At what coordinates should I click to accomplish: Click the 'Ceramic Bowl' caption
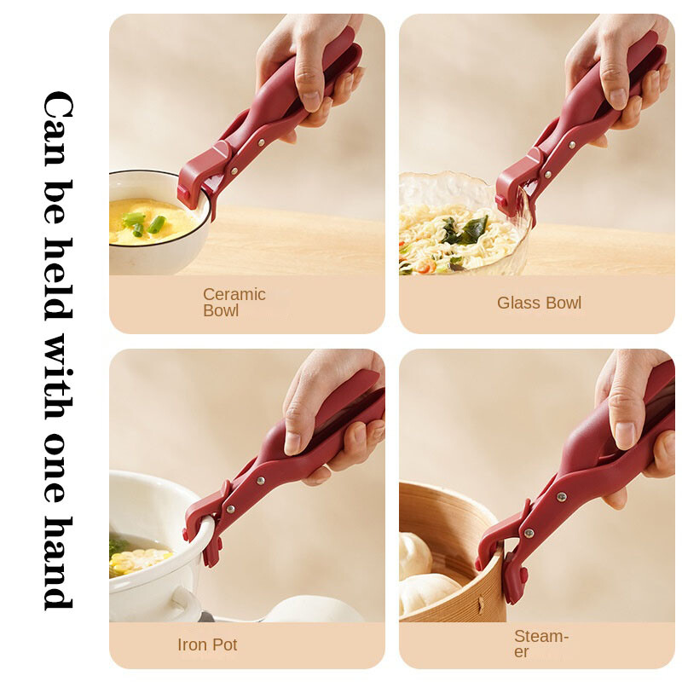point(234,303)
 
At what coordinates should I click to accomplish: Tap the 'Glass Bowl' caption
point(539,303)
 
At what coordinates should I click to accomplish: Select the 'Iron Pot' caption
point(207,644)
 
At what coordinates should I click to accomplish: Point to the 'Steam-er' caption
point(541,644)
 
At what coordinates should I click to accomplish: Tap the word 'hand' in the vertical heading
point(59,564)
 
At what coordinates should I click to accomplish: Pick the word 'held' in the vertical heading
point(59,280)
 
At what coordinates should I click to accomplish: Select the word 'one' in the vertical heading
point(59,467)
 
